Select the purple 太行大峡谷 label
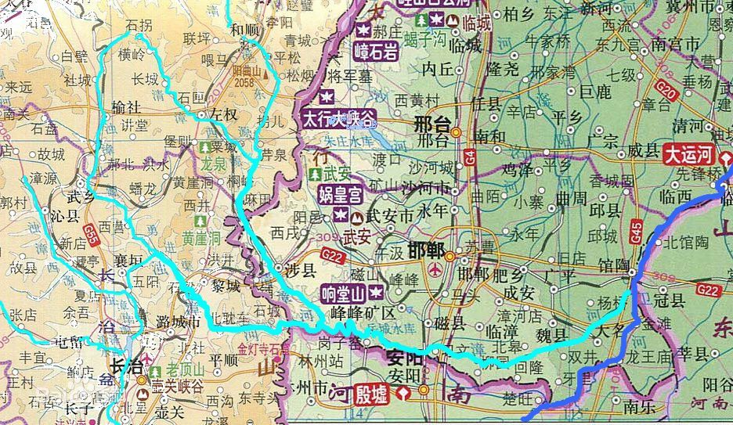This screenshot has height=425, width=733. tap(338, 118)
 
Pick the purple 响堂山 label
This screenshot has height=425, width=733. tap(345, 294)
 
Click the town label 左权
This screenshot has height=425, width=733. tap(222, 114)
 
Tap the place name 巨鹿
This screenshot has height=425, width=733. tap(596, 92)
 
